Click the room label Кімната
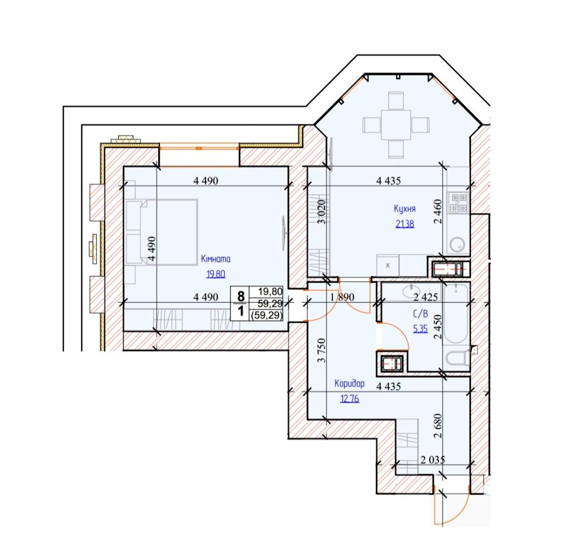click(x=215, y=259)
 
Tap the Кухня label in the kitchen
click(x=405, y=209)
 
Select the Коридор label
click(x=350, y=383)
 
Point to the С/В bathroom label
click(x=420, y=314)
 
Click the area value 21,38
click(x=405, y=224)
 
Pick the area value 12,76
click(x=350, y=398)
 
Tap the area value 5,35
click(x=420, y=328)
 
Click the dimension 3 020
click(x=322, y=212)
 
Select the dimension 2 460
click(x=438, y=211)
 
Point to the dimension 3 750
click(x=322, y=350)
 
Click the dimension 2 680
click(x=438, y=426)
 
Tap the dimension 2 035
click(x=432, y=460)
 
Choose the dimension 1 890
click(x=342, y=297)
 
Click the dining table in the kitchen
click(x=395, y=125)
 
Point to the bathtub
click(x=456, y=314)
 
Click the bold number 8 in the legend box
click(x=241, y=296)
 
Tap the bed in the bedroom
click(x=162, y=232)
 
